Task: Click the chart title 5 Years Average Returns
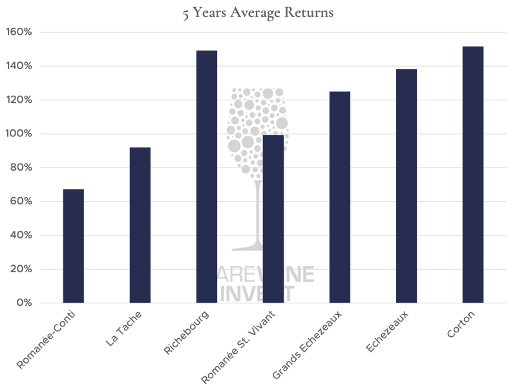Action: (x=258, y=13)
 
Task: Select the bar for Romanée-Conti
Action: (x=73, y=246)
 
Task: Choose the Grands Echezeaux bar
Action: (x=340, y=197)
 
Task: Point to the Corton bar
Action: (x=473, y=175)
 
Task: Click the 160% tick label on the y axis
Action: (x=19, y=32)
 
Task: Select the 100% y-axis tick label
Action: (x=19, y=134)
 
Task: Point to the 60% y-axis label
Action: (x=21, y=202)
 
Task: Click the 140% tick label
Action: (x=19, y=66)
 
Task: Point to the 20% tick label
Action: (x=21, y=270)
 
